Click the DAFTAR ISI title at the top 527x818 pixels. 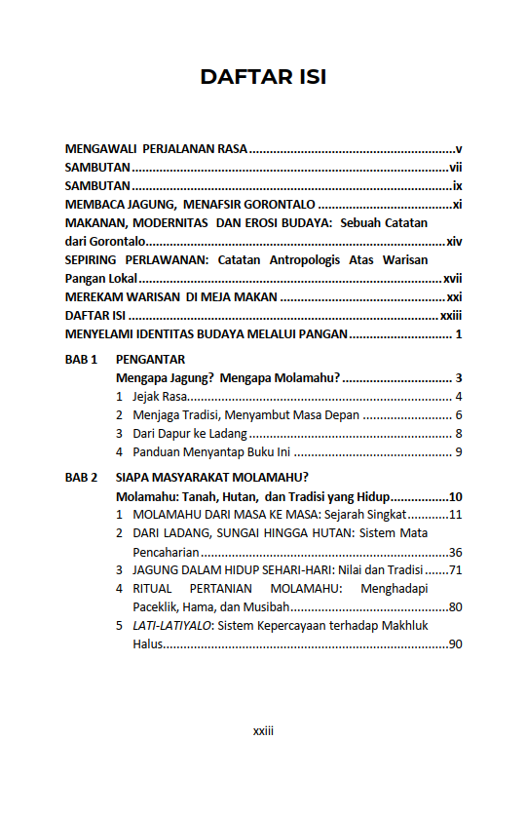pos(263,77)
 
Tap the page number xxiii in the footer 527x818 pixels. pos(263,730)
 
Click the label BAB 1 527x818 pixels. pos(82,360)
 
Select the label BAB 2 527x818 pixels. pos(82,478)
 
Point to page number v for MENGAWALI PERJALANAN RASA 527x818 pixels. pos(458,149)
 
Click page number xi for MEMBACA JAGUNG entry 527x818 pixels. pos(456,205)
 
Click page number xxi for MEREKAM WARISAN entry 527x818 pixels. pos(454,297)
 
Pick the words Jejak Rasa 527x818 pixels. pos(159,397)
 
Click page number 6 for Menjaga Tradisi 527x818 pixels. pos(458,415)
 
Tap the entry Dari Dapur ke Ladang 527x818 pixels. pos(189,434)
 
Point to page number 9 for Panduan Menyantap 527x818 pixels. pos(458,452)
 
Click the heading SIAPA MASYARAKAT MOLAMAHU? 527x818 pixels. pos(211,478)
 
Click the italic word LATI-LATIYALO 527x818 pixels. pos(171,626)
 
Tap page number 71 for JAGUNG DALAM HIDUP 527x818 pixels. pos(455,570)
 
